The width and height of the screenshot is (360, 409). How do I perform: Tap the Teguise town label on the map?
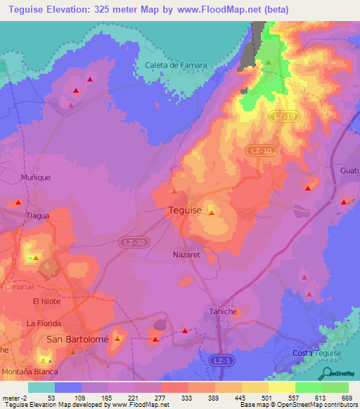[x=186, y=210]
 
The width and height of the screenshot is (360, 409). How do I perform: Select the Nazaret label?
[x=186, y=255]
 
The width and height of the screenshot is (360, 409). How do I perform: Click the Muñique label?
[x=36, y=178]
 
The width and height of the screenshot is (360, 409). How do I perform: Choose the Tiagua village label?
[x=39, y=216]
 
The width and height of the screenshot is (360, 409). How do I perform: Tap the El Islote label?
[x=49, y=301]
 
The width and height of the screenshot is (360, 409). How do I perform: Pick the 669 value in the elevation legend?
[x=347, y=397]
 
